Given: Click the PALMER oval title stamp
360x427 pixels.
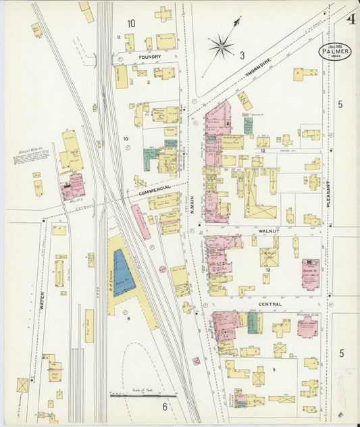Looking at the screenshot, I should coord(336,51).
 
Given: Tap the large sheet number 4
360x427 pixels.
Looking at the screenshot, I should coord(351,18).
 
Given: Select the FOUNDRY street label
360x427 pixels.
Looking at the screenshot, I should coord(149,58).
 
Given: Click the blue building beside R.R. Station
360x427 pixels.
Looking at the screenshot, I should coord(122,273).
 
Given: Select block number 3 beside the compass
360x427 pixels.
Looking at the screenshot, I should coord(241,56).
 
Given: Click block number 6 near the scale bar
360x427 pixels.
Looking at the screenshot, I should coord(163,406).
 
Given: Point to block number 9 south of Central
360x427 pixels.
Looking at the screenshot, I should coord(274,369).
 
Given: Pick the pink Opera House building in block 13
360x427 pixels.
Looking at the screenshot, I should coord(311,274).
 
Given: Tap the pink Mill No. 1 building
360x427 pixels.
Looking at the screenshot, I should coord(74,186).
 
